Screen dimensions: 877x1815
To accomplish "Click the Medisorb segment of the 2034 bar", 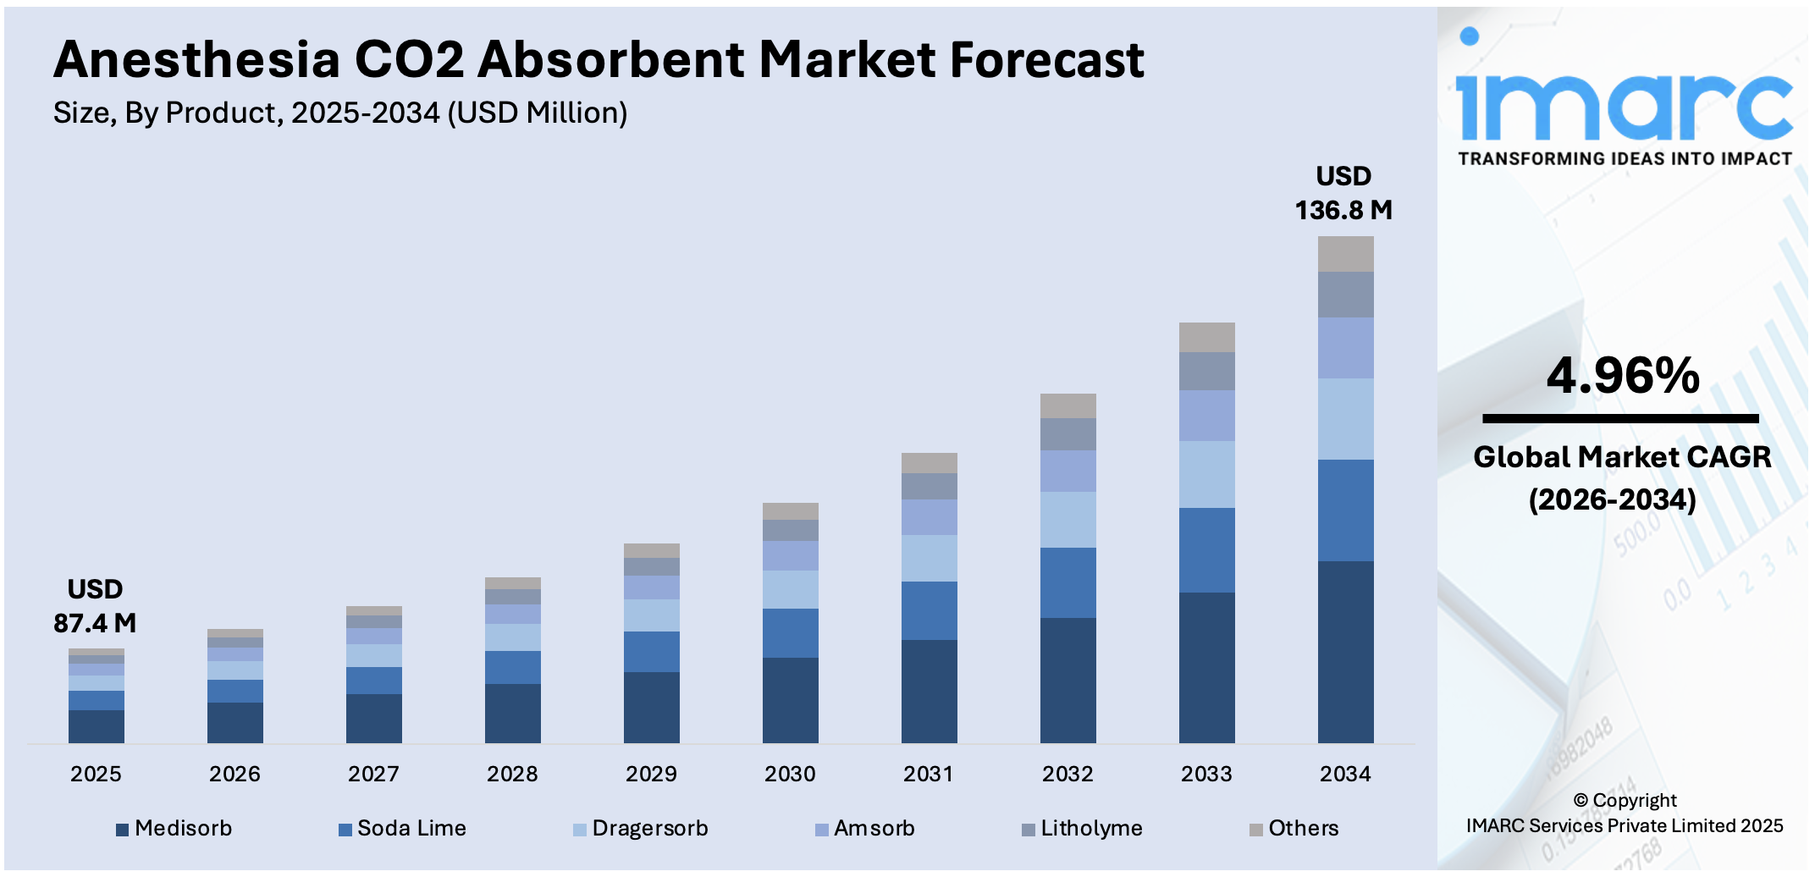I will click(1345, 652).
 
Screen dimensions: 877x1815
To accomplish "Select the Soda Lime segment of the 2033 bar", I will click(1206, 549).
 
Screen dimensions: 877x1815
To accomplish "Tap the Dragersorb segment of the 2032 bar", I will click(1067, 519).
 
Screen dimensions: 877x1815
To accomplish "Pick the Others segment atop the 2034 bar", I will click(1345, 254).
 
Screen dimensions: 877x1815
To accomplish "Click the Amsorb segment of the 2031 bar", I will click(929, 516).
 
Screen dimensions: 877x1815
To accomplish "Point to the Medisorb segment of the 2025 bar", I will click(96, 726).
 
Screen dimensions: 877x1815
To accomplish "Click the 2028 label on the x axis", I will click(512, 774).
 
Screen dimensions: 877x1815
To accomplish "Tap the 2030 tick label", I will click(790, 774).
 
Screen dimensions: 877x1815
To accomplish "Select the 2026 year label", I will click(234, 774).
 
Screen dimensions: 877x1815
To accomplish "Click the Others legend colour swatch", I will click(1256, 830).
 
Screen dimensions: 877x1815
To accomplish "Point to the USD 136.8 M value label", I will click(1343, 193).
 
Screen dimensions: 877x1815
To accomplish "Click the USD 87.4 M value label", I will click(95, 606).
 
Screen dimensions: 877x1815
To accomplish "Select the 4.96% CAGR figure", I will click(1622, 375).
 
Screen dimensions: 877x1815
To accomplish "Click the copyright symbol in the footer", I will click(1580, 800).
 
